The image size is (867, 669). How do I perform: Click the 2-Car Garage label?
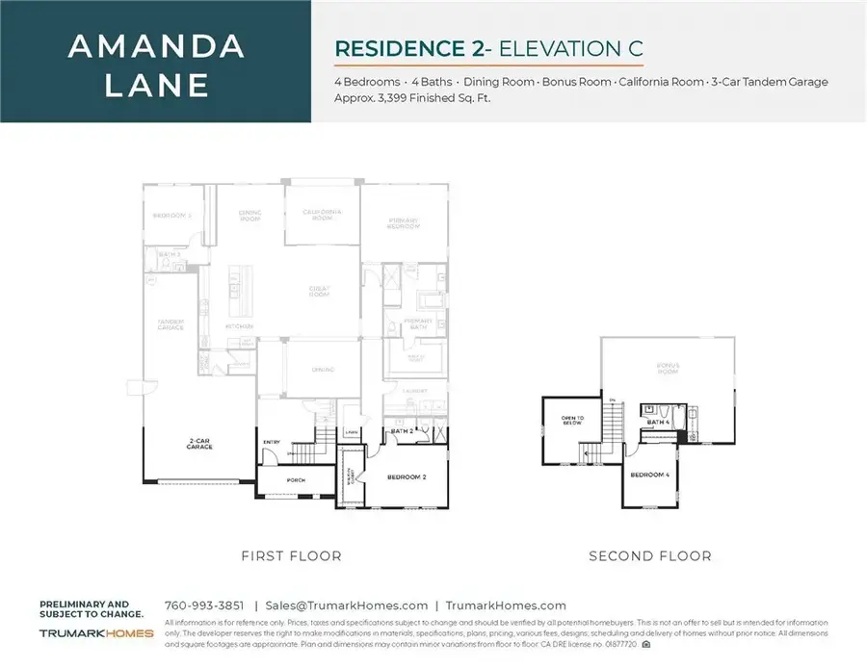click(201, 445)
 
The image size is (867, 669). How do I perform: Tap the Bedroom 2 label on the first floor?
click(407, 476)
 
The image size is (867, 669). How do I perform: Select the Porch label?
click(296, 479)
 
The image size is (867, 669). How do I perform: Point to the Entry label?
click(271, 442)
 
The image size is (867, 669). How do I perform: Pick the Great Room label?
click(319, 291)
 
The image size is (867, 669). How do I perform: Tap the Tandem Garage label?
click(171, 325)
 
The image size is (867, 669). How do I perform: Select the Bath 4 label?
click(658, 422)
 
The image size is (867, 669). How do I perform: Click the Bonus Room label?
click(670, 367)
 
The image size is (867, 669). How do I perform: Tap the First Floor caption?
click(291, 555)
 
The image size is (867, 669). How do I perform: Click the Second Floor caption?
click(650, 555)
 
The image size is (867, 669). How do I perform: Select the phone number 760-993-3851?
click(203, 605)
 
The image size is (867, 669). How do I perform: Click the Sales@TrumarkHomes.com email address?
click(346, 605)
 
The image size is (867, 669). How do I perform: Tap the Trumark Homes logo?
click(96, 632)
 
